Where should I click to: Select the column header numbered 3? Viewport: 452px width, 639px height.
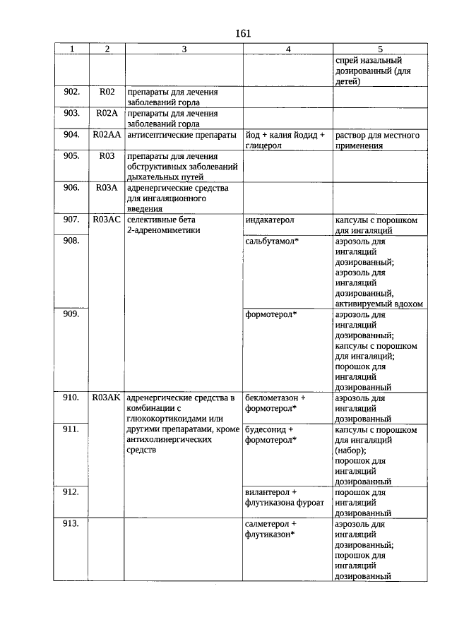(x=184, y=49)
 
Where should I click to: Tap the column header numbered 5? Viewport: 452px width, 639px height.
(x=380, y=49)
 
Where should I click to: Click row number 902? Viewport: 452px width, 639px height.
(x=71, y=92)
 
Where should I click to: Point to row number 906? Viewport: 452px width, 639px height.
(x=71, y=188)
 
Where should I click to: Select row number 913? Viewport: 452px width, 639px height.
(x=71, y=525)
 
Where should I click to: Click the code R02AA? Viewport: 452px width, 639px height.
(x=107, y=135)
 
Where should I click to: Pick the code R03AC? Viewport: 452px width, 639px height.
(x=107, y=220)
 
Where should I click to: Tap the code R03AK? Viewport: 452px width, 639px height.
(x=107, y=398)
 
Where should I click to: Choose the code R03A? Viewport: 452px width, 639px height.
(x=107, y=188)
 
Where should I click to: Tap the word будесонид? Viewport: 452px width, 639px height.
(x=266, y=429)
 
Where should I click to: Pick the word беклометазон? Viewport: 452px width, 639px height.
(x=272, y=398)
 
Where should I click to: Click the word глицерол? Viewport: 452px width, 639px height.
(x=264, y=145)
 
